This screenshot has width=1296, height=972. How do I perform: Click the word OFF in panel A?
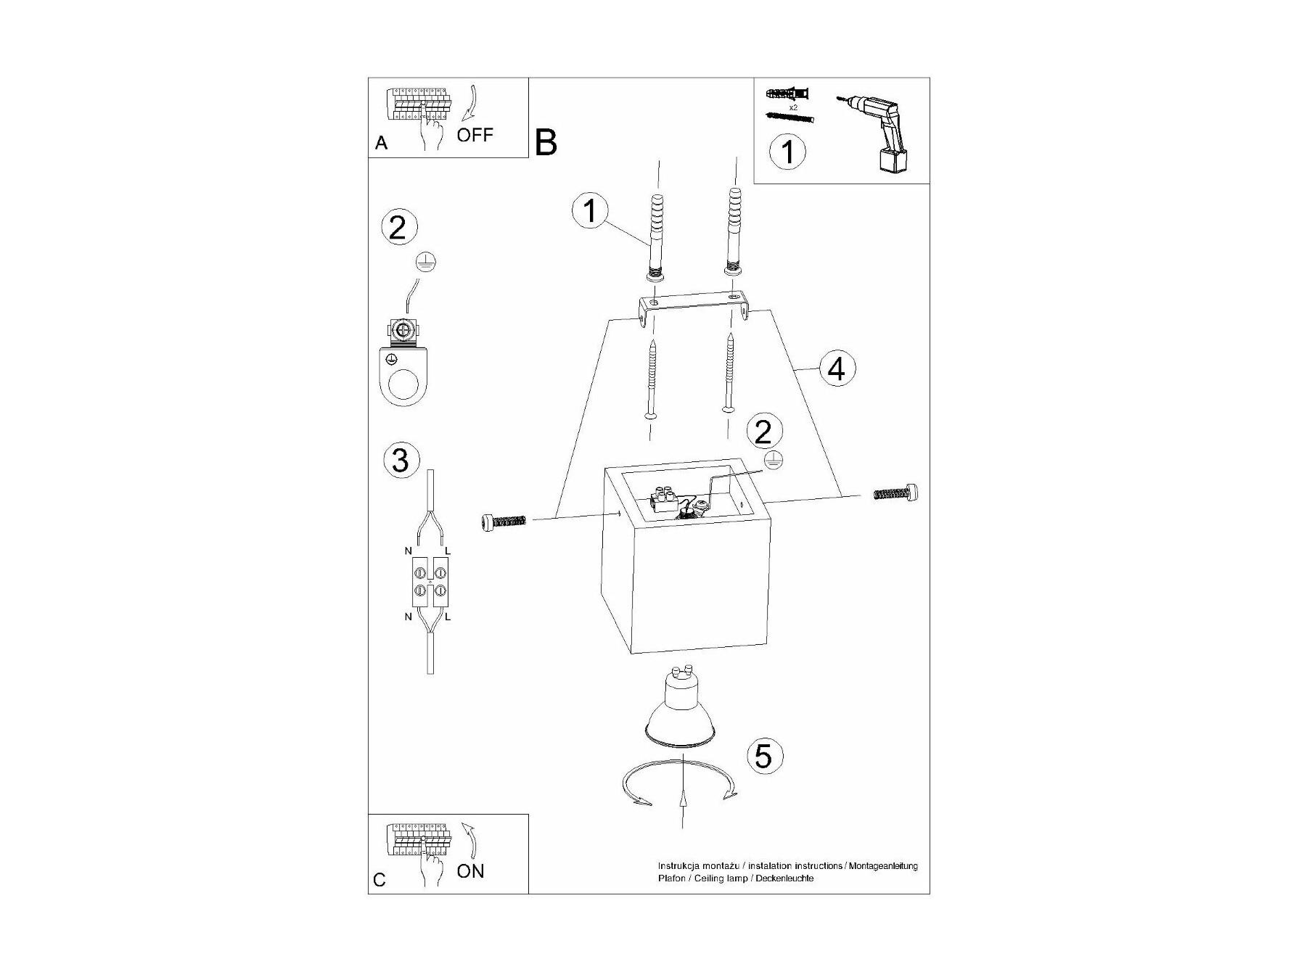pos(475,135)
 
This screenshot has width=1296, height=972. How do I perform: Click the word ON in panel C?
pos(470,871)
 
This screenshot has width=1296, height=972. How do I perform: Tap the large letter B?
pos(546,142)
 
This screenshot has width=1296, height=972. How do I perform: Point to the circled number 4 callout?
pos(837,369)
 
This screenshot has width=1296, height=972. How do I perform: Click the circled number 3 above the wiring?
pos(400,461)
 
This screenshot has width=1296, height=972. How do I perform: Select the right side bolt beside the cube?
pos(897,493)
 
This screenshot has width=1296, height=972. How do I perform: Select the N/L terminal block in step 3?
pos(430,582)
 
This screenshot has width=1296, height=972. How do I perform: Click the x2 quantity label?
pos(793,107)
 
